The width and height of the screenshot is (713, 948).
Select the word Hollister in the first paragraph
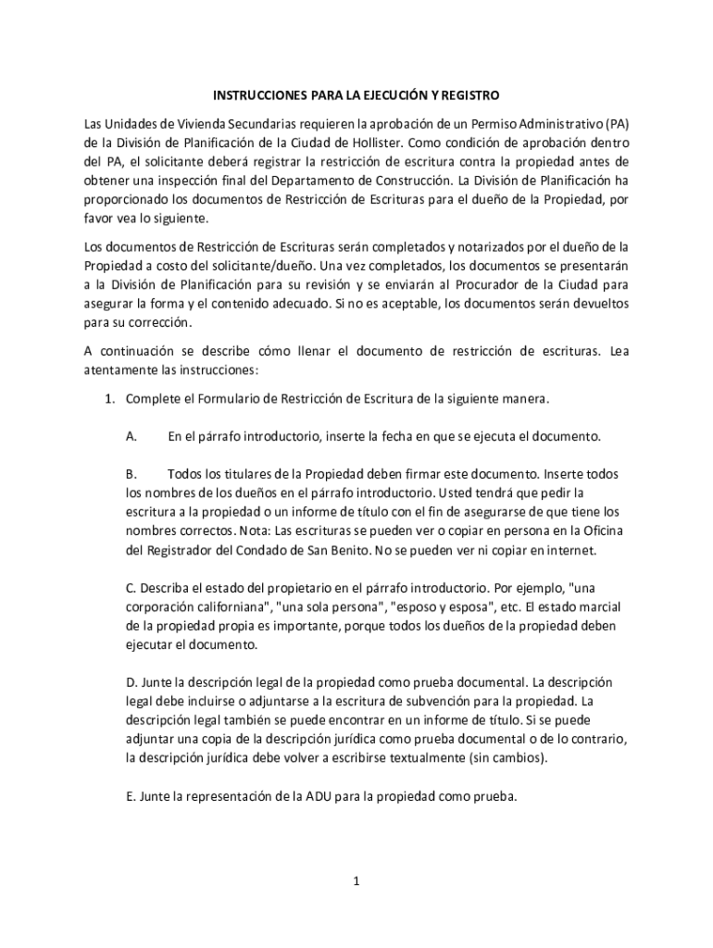click(376, 143)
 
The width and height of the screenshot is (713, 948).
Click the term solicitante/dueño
click(245, 266)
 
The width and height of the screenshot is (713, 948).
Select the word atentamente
click(119, 369)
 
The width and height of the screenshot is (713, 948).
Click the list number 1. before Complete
click(108, 399)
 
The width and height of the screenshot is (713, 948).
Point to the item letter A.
click(131, 436)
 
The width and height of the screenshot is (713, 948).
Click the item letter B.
click(131, 474)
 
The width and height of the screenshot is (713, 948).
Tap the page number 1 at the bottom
click(356, 881)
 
